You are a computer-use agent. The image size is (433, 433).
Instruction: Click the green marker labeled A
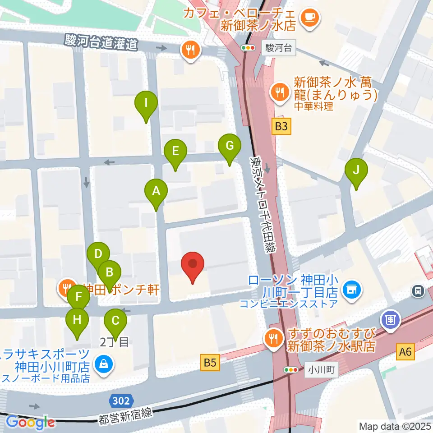[156, 191]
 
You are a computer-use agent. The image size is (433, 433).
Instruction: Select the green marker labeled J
[356, 170]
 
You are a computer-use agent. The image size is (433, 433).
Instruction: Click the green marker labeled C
[115, 321]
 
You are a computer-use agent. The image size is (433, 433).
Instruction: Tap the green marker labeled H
[77, 320]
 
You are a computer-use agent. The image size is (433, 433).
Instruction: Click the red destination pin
[193, 264]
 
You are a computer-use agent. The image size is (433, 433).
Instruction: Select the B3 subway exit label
[281, 127]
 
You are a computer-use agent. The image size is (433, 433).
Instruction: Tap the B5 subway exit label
[210, 362]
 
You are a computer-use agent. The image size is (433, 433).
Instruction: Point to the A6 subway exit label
[406, 351]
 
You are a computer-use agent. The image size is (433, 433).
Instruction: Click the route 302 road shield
[121, 401]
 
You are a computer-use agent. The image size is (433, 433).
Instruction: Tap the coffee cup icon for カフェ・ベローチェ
[310, 18]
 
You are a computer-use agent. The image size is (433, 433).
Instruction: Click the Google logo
[30, 422]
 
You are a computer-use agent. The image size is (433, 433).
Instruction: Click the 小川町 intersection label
[322, 370]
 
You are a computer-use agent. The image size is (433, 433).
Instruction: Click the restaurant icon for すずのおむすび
[274, 336]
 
